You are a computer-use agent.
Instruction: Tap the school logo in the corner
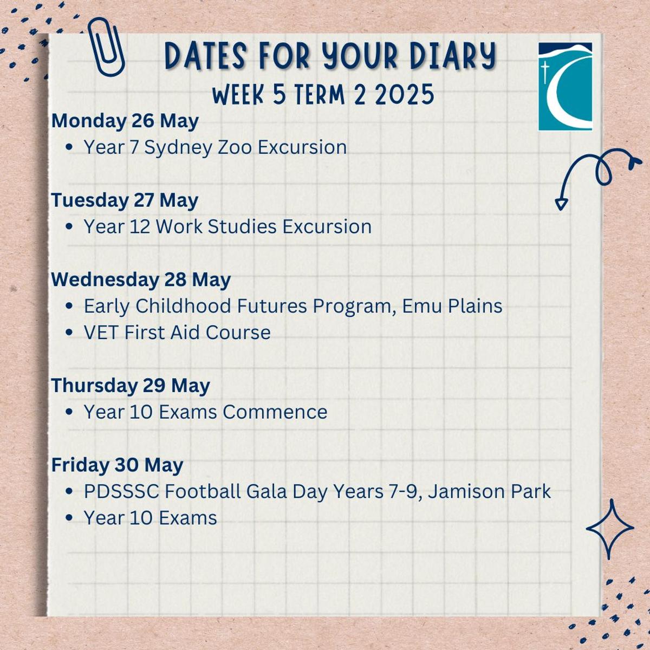(565, 86)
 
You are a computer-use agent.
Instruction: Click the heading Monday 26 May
(125, 121)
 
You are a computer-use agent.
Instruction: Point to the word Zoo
(234, 147)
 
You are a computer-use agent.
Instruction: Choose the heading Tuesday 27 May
(125, 201)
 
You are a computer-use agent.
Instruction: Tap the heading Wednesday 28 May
(141, 280)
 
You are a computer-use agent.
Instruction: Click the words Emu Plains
(452, 306)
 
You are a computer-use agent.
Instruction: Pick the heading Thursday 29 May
(131, 386)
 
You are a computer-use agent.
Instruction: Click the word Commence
(275, 412)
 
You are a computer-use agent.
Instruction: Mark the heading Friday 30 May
(117, 465)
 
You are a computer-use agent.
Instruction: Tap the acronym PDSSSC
(121, 492)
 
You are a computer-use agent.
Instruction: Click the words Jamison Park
(490, 492)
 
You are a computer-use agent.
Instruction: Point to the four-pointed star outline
(610, 529)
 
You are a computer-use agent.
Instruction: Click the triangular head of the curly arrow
(561, 204)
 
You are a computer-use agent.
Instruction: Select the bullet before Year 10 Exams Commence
(69, 412)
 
